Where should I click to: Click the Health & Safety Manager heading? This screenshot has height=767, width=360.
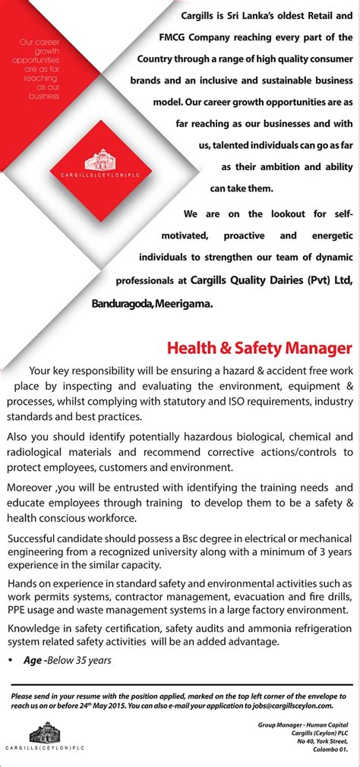[260, 349]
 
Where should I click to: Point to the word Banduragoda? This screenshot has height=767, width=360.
[122, 303]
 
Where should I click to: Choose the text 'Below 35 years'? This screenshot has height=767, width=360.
[78, 660]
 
